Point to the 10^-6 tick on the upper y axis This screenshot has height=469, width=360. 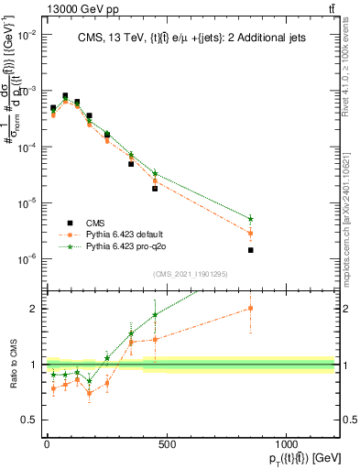tap(27, 259)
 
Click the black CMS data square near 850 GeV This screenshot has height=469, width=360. tap(250, 250)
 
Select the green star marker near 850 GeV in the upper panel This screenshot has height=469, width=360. tap(250, 219)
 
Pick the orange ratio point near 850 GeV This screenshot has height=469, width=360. tap(250, 309)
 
